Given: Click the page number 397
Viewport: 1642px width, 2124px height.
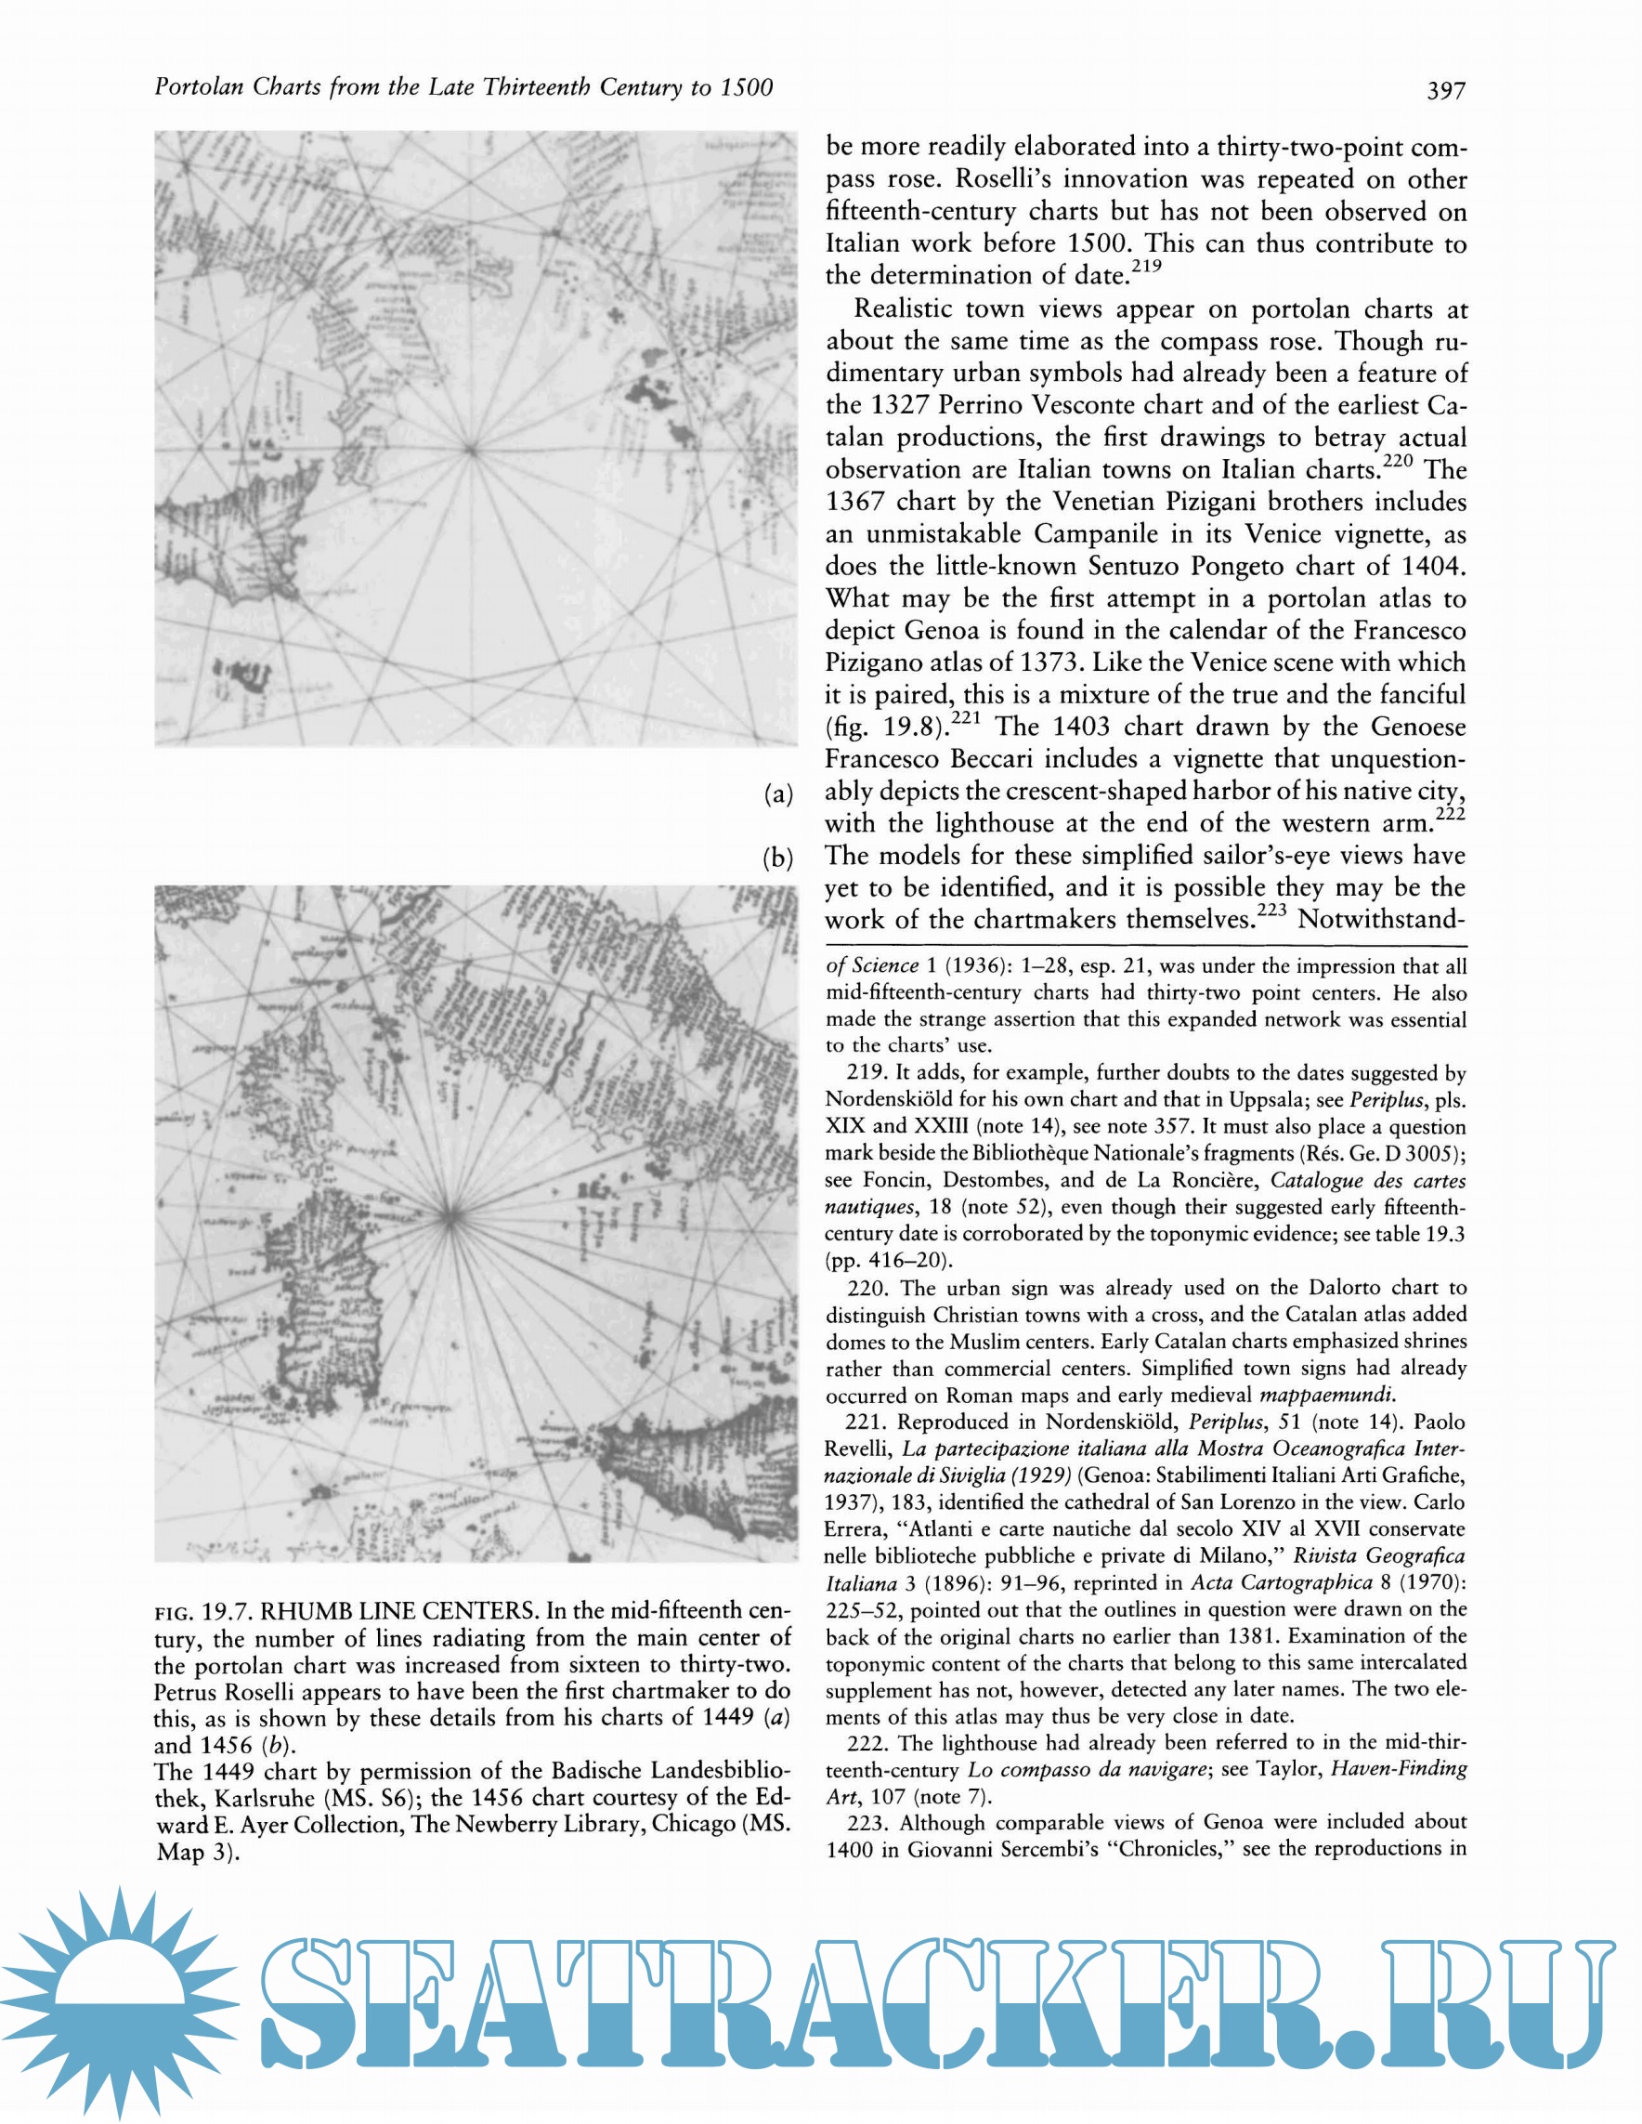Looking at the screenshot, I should click(x=1446, y=90).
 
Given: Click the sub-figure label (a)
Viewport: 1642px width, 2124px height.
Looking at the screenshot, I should click(x=777, y=794).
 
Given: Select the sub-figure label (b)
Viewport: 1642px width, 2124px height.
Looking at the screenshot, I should click(x=777, y=858).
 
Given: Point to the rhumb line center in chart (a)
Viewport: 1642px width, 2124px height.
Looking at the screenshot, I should click(x=472, y=450).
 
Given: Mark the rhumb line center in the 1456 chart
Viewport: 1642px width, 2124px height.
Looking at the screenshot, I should click(x=450, y=1214).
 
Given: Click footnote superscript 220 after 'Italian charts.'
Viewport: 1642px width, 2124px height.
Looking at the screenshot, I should click(x=1398, y=460).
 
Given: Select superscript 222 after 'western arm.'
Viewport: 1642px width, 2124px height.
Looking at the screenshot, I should click(x=1451, y=813).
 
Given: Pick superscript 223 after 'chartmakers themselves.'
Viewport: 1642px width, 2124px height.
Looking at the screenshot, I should click(x=1271, y=911).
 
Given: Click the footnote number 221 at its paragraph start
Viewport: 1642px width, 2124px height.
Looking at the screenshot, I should click(x=865, y=1423).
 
